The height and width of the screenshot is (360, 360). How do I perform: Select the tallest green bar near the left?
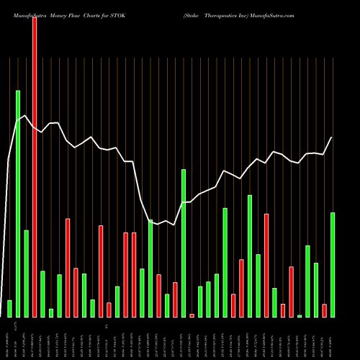(x=18, y=203)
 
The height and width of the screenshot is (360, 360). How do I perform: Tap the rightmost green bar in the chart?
(x=333, y=264)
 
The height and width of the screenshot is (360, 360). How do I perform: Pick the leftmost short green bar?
(x=9, y=308)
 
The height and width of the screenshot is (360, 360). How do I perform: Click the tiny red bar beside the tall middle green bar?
(x=192, y=315)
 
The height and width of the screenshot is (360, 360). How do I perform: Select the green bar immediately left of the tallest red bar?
(x=26, y=274)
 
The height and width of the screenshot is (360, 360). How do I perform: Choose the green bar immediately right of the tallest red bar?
(x=42, y=294)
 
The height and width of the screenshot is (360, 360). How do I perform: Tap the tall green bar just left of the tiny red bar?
(x=184, y=243)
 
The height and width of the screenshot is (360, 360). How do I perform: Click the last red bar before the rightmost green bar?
(x=324, y=310)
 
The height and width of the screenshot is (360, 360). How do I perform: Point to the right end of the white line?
(x=332, y=138)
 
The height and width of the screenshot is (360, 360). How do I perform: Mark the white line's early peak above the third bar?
(x=26, y=115)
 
